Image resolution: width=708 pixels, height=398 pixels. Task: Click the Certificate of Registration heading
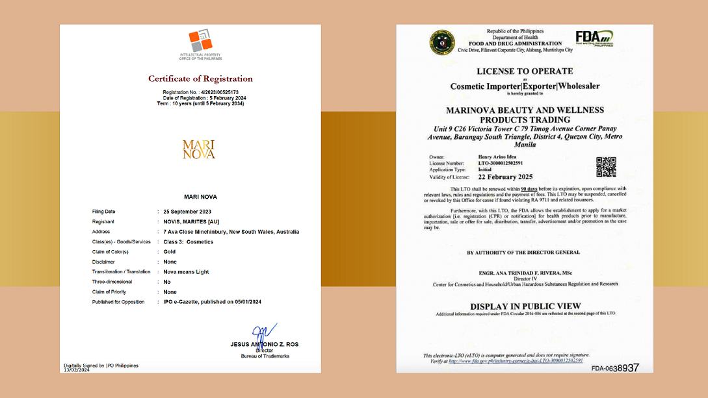click(200, 79)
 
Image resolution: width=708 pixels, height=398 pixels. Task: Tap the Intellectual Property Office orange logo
click(200, 40)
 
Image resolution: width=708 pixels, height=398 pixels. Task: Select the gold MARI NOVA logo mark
click(199, 149)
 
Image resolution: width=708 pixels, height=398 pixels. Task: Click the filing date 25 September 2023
click(187, 212)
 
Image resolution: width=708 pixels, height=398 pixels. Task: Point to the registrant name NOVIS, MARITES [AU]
click(191, 221)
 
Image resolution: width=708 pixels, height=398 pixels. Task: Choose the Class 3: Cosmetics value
click(188, 242)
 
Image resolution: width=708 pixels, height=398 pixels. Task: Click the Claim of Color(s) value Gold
click(170, 252)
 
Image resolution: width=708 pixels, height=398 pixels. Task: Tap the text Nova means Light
click(187, 272)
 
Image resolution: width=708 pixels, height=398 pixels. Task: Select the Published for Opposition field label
click(118, 302)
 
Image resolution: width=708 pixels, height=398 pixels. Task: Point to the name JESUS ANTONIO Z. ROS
click(264, 344)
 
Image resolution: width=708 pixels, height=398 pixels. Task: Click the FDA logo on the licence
click(594, 38)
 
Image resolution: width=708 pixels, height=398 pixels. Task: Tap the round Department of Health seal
click(442, 42)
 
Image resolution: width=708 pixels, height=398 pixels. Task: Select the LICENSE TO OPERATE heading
click(525, 71)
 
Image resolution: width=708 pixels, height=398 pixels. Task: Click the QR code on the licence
click(606, 167)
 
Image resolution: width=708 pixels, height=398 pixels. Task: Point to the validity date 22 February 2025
click(505, 177)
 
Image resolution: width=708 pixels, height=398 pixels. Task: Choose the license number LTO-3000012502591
click(500, 163)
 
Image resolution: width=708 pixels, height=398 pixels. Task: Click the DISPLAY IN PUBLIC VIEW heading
click(525, 306)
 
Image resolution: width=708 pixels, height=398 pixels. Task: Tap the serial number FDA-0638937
click(614, 368)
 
